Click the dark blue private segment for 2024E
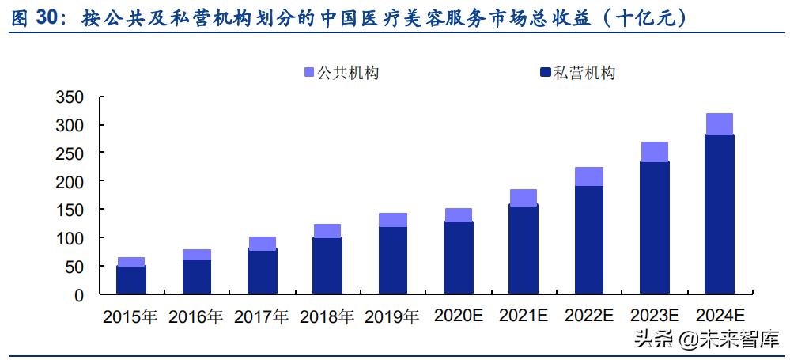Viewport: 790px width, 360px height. coord(719,214)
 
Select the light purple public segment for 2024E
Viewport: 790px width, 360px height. coord(719,124)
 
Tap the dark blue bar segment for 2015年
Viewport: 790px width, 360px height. coord(131,280)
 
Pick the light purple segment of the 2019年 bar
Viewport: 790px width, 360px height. coord(393,220)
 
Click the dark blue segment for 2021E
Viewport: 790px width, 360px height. coord(524,249)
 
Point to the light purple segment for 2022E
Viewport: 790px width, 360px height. coord(589,176)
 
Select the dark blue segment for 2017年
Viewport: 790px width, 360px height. coord(262,271)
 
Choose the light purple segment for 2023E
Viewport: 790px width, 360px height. coord(654,152)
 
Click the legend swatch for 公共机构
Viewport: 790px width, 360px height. coord(309,73)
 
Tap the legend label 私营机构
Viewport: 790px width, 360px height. coord(584,73)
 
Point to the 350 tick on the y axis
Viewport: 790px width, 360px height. coord(70,97)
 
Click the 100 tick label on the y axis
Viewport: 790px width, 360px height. coord(70,238)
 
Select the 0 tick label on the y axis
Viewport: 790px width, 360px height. coord(78,295)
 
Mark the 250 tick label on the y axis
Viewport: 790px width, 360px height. coord(70,153)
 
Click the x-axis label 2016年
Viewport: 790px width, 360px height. coord(196,317)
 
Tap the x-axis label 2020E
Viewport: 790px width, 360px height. coord(458,316)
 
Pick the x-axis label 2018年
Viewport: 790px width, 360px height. coord(327,317)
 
